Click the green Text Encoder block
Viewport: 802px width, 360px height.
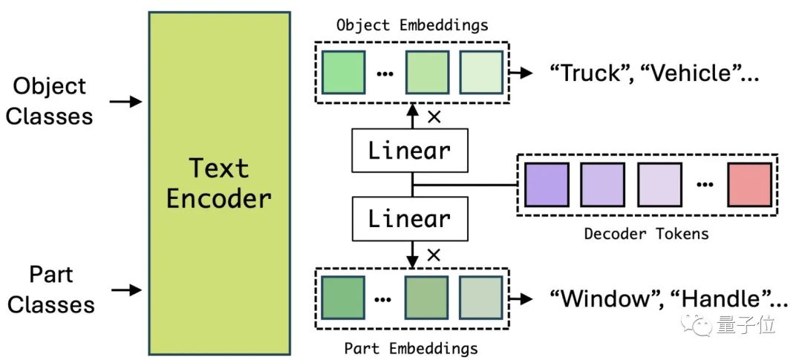219,183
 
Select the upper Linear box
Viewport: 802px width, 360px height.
410,151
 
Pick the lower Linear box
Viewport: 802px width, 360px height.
410,218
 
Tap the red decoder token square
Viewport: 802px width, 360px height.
750,184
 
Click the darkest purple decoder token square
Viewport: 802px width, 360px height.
547,184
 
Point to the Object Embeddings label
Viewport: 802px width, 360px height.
412,24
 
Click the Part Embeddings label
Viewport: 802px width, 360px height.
411,347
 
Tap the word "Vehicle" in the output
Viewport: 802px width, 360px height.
682,73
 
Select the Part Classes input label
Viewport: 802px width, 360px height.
51,289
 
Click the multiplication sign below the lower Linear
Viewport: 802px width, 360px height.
434,255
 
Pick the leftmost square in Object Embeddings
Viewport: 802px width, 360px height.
343,72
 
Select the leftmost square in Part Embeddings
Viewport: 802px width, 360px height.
343,298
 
